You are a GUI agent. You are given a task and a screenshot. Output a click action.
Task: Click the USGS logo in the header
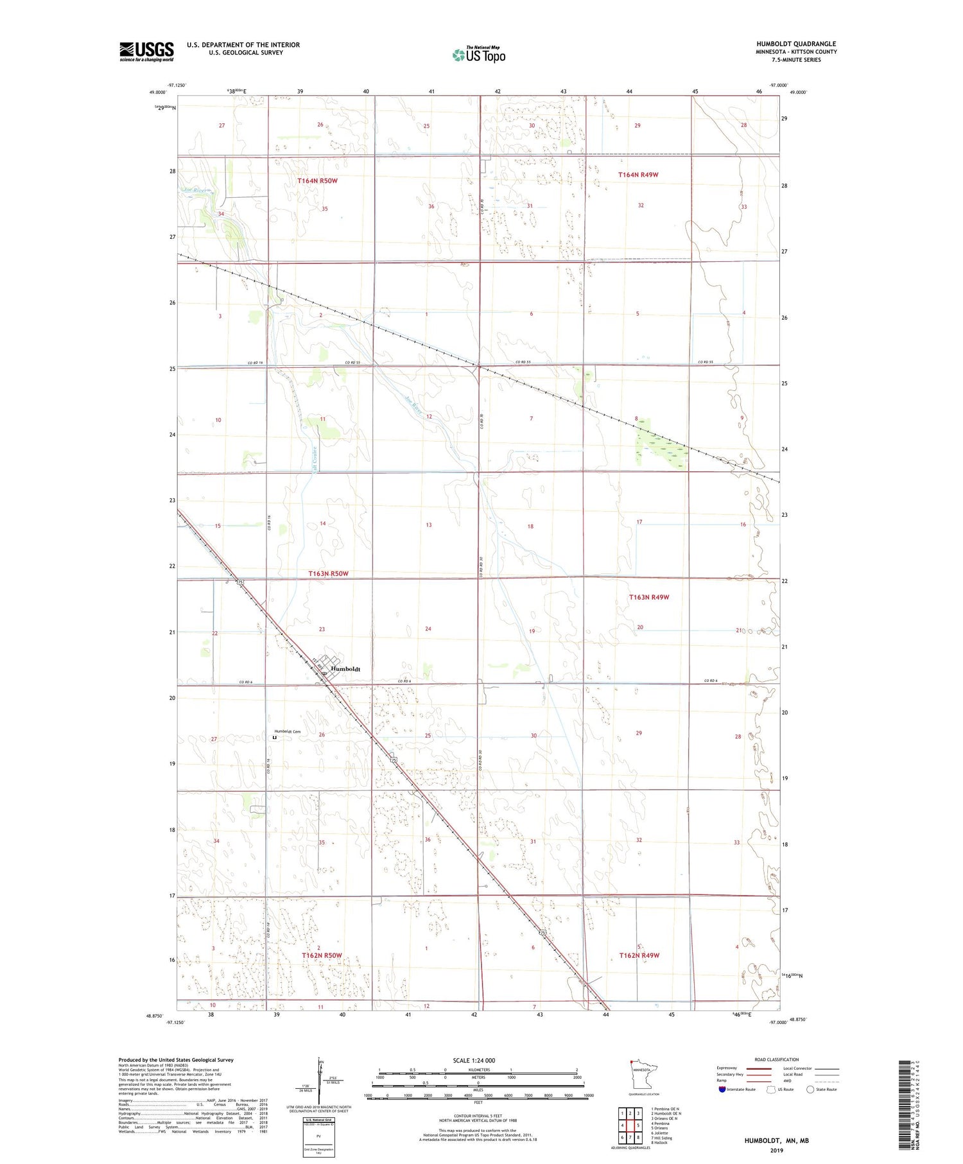146,51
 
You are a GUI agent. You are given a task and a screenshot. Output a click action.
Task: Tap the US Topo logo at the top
478,55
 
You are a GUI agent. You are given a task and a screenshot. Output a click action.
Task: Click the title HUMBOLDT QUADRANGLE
795,44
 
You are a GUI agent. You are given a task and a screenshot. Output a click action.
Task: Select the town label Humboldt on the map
345,669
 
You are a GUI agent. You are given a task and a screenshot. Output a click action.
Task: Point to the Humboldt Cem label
288,731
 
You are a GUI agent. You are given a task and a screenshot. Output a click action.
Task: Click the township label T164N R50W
317,181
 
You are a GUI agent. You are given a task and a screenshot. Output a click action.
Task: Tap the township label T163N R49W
649,597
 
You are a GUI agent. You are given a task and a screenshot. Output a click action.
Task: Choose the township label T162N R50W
322,955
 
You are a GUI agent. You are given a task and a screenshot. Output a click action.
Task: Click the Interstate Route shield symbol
722,1089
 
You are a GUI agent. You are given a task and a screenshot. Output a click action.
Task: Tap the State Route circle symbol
810,1089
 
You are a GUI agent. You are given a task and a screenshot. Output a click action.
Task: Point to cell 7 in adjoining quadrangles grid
630,1138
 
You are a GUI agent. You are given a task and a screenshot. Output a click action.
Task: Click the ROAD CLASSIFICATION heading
777,1059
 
